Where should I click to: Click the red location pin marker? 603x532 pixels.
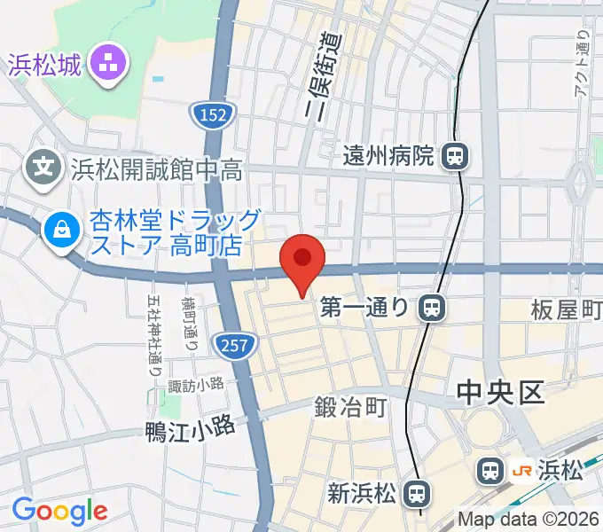tap(302, 260)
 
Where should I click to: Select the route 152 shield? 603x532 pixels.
tap(214, 113)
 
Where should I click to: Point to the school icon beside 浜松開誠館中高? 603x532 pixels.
tap(43, 164)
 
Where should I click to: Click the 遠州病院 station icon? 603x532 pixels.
tap(455, 157)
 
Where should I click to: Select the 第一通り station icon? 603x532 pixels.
tap(432, 308)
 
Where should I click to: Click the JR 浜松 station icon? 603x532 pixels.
tap(489, 471)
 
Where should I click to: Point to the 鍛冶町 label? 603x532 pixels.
tap(350, 408)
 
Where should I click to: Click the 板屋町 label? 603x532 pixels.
tap(567, 309)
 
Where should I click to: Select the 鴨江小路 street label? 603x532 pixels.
tap(191, 429)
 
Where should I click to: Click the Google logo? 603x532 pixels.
tap(59, 511)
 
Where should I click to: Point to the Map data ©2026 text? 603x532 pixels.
tap(529, 519)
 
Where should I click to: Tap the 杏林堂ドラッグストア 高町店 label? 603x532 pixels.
tap(163, 232)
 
